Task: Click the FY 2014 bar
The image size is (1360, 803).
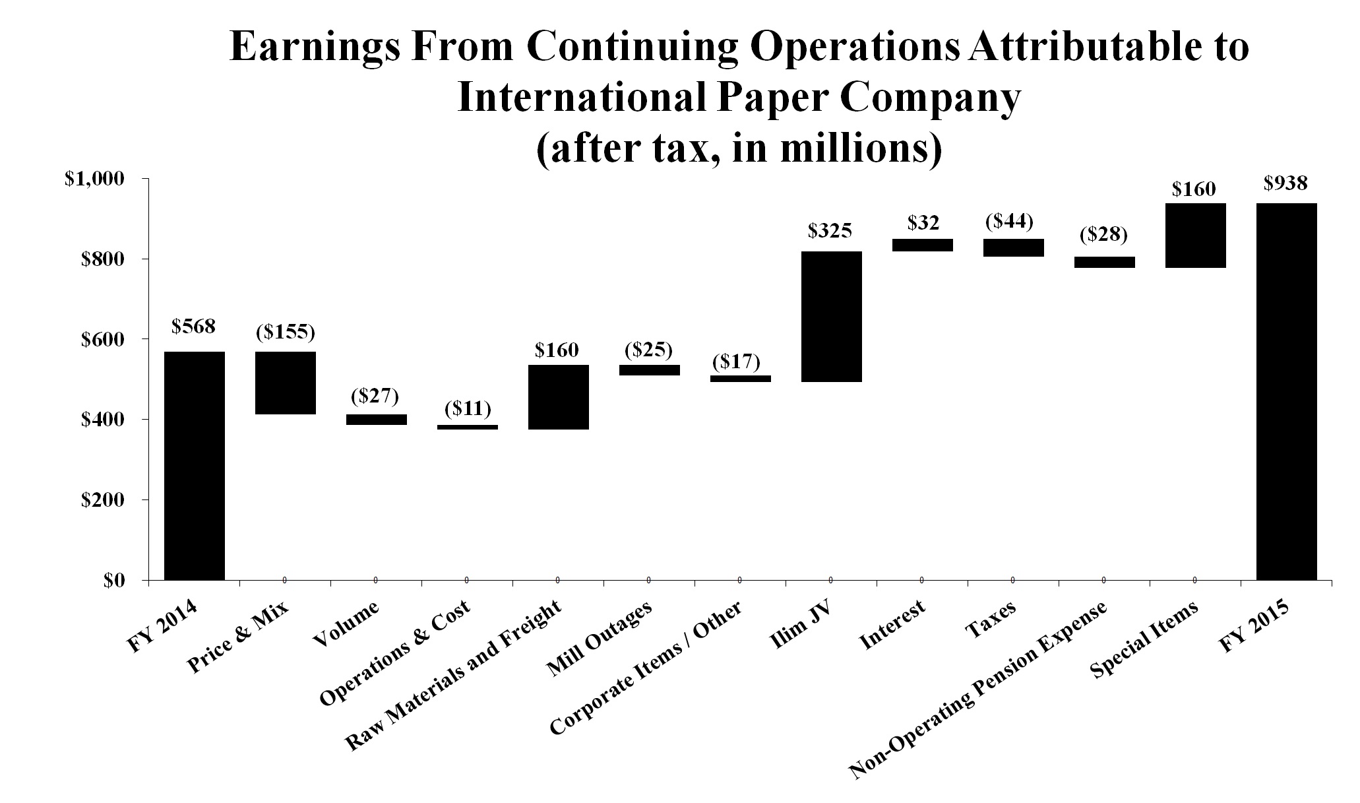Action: [195, 465]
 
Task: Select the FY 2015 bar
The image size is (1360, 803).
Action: [1286, 391]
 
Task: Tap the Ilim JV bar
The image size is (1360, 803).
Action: [831, 317]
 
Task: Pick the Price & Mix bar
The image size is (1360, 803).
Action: [286, 383]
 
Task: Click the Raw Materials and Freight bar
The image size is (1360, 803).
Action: [559, 397]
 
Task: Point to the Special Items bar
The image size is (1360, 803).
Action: [1195, 236]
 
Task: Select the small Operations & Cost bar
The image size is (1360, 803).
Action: [468, 427]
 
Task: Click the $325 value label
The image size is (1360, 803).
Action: [830, 231]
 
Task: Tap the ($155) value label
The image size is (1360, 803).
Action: [285, 332]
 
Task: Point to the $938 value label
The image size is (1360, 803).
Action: [1285, 183]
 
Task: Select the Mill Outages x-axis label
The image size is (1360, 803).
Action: [600, 639]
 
